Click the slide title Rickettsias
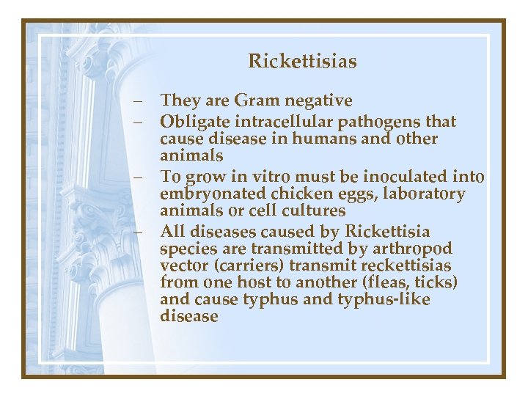click(x=302, y=61)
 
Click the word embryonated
click(x=206, y=194)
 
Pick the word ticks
click(x=438, y=282)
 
